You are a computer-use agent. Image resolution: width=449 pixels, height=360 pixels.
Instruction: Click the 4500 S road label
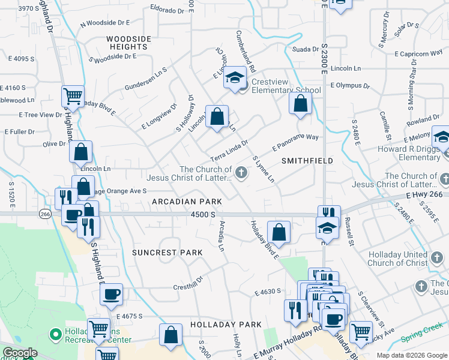[x=203, y=214]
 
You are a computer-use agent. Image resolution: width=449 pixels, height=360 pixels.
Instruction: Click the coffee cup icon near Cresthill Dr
[x=111, y=295]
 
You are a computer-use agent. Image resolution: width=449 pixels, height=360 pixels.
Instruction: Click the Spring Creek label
[x=420, y=335]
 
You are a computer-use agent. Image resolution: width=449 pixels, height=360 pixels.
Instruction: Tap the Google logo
[x=20, y=353]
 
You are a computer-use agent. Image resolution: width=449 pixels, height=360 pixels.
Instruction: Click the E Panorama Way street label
[x=295, y=142]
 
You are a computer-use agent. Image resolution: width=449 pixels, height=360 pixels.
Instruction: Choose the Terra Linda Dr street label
[x=229, y=150]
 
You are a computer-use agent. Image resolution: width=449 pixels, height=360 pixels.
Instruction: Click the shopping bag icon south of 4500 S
[x=279, y=232]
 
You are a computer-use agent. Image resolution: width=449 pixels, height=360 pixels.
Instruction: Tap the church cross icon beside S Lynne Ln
[x=241, y=173]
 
